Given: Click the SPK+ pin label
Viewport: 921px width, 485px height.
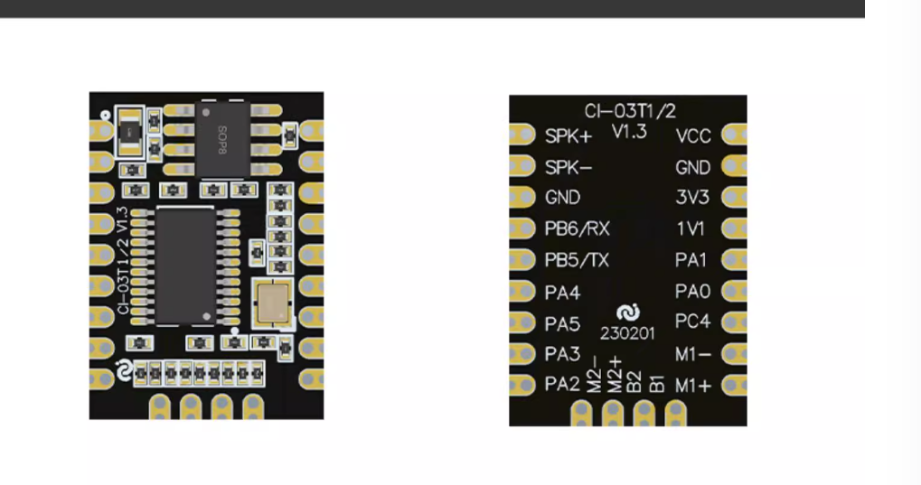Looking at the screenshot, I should click(569, 136).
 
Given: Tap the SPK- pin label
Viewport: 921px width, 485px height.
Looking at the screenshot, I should click(568, 167).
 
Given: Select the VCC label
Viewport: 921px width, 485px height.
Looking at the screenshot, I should click(693, 136).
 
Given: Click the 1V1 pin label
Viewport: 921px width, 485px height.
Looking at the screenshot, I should click(692, 229).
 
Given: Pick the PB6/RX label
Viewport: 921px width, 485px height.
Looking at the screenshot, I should click(578, 229).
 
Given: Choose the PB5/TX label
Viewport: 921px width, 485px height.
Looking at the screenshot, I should click(577, 260).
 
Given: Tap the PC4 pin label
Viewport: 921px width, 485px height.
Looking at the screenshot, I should click(693, 322).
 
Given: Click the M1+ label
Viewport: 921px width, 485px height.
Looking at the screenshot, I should click(693, 386).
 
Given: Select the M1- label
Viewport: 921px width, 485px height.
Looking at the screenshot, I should click(693, 353).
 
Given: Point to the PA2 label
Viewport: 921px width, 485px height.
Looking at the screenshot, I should click(562, 385).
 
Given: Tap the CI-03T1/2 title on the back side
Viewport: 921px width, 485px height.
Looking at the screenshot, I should click(630, 111).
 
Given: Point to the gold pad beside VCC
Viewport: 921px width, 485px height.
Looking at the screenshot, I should click(734, 135).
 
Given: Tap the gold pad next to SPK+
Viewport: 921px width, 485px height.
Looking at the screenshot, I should click(522, 135).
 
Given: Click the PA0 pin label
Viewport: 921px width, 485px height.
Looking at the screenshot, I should click(693, 291).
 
